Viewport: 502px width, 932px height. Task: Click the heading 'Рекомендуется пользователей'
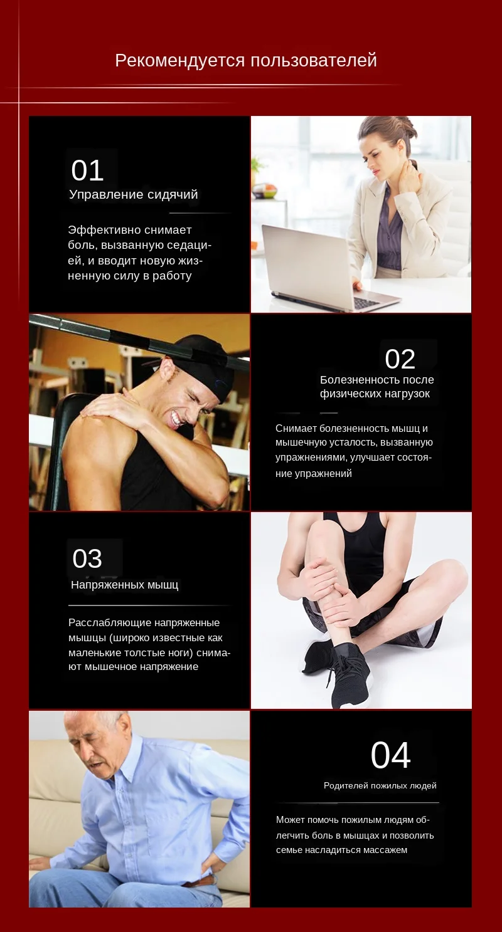246,61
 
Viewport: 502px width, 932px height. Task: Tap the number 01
87,170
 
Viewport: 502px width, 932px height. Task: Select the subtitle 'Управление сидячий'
133,194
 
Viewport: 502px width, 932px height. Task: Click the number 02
400,359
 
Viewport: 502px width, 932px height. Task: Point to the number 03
87,558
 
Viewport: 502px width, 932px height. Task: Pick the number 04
390,755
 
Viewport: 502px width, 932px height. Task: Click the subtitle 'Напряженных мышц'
124,585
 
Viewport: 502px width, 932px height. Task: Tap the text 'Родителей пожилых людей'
380,785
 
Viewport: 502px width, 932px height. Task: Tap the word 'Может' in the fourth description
290,820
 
